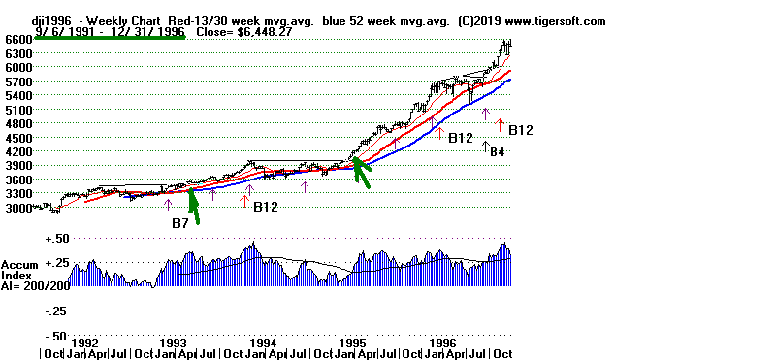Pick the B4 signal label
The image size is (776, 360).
pyautogui.click(x=496, y=152)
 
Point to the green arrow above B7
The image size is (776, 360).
pyautogui.click(x=194, y=206)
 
